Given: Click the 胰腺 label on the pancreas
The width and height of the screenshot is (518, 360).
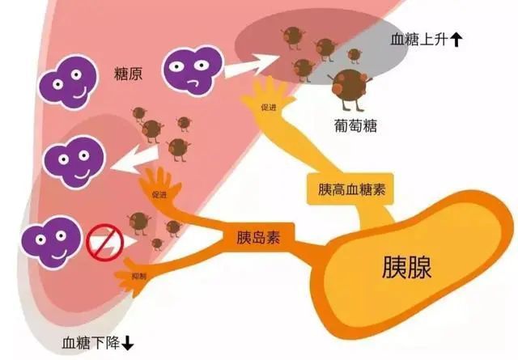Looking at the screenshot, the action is click(x=406, y=267).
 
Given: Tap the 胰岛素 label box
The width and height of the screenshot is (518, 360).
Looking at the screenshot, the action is click(x=259, y=237).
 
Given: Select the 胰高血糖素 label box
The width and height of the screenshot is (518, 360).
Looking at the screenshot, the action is click(x=350, y=189).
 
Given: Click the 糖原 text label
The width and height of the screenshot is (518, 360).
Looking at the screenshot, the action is click(x=128, y=74).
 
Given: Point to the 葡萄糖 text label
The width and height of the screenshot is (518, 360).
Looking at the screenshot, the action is click(x=355, y=126).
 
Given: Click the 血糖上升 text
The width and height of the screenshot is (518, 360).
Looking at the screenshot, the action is click(x=419, y=40).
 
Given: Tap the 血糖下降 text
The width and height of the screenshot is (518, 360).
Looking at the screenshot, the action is click(x=91, y=343).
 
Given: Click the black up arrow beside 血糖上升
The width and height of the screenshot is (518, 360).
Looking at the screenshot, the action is click(x=456, y=40).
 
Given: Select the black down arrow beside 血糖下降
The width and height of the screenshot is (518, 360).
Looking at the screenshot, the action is click(x=128, y=344).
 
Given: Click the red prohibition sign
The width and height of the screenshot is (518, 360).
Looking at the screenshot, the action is click(x=104, y=243).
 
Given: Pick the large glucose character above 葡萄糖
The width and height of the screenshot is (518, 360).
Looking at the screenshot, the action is click(x=350, y=88).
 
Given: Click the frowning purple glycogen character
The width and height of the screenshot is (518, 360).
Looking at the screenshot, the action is click(x=193, y=70).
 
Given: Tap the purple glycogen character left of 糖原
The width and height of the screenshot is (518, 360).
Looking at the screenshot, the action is click(x=69, y=82).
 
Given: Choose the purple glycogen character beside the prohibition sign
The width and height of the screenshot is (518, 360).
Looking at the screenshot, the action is click(x=52, y=241).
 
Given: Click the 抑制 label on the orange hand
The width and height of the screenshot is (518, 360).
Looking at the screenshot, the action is click(x=138, y=276).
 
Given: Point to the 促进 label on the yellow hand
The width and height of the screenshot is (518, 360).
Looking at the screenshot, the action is click(x=268, y=108).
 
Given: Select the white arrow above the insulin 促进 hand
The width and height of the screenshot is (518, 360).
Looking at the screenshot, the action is click(x=135, y=160).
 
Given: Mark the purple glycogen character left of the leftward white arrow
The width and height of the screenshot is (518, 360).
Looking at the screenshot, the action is click(x=74, y=162).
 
